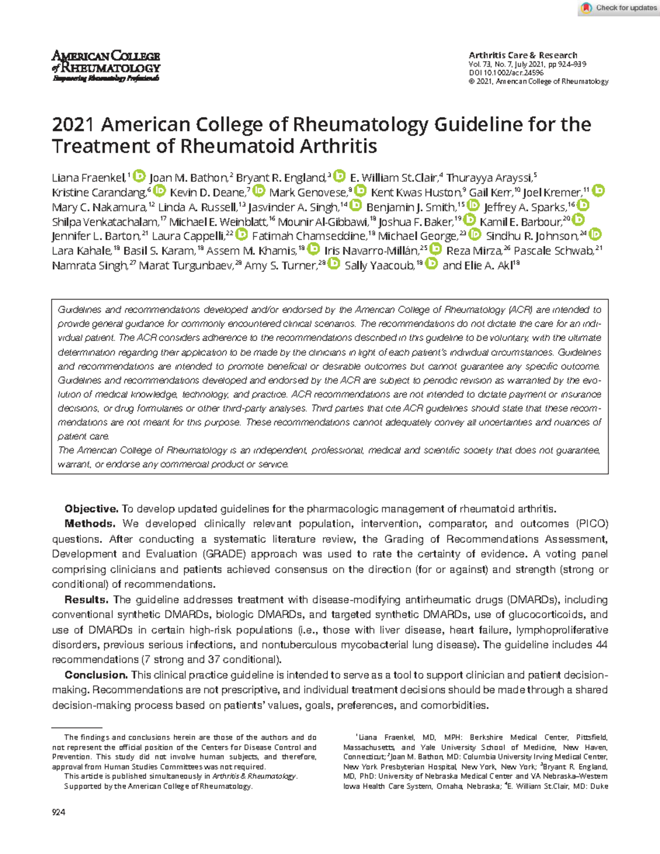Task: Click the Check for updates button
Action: pos(619,8)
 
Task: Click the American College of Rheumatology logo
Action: pos(106,65)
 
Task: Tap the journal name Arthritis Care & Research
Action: pos(522,55)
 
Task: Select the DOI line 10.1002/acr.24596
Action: pos(505,73)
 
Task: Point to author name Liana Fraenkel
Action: pos(89,178)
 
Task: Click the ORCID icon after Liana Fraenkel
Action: pos(140,176)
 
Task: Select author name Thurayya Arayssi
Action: pos(489,178)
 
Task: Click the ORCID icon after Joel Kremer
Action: pos(598,191)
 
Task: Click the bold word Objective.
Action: pos(91,509)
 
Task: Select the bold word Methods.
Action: pos(90,524)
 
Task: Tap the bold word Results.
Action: pos(86,599)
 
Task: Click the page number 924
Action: pos(58,812)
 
